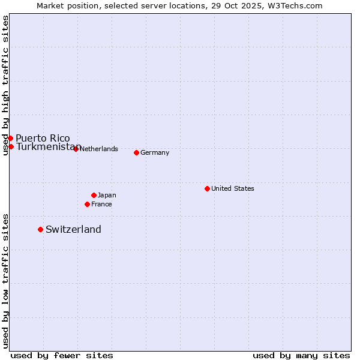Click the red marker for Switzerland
pos(40,229)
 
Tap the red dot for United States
pos(207,188)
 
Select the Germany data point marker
pos(136,152)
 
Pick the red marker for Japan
pos(94,195)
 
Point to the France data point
pos(87,204)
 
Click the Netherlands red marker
pos(76,149)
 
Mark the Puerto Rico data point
pos(10,138)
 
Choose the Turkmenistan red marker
pos(11,146)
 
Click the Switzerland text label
pos(73,229)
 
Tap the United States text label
pos(232,188)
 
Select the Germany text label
pos(155,152)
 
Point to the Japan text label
pos(107,195)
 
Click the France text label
pos(101,204)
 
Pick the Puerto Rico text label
pos(43,138)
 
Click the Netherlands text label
pos(98,149)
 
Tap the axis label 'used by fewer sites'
pos(62,355)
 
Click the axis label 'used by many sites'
pos(301,355)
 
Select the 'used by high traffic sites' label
pos(5,85)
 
